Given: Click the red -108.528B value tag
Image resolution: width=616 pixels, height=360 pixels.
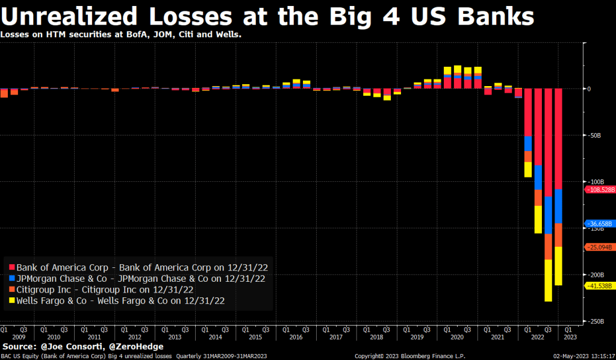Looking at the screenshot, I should [x=600, y=189].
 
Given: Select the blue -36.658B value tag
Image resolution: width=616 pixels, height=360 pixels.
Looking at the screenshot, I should [x=600, y=223].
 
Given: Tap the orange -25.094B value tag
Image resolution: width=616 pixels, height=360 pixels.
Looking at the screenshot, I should [x=600, y=247].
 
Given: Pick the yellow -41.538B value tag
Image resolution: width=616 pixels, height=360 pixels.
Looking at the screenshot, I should [x=600, y=285].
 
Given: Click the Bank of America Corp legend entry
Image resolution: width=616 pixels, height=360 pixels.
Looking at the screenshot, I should [x=140, y=267].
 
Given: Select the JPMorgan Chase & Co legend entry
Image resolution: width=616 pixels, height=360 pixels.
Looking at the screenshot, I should [x=140, y=278].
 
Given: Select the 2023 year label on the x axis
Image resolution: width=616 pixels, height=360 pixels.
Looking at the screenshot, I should [x=569, y=337].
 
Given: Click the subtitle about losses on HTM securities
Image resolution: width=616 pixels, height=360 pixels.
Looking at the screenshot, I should [x=121, y=34].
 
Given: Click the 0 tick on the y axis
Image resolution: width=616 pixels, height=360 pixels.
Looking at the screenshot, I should [x=589, y=89].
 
